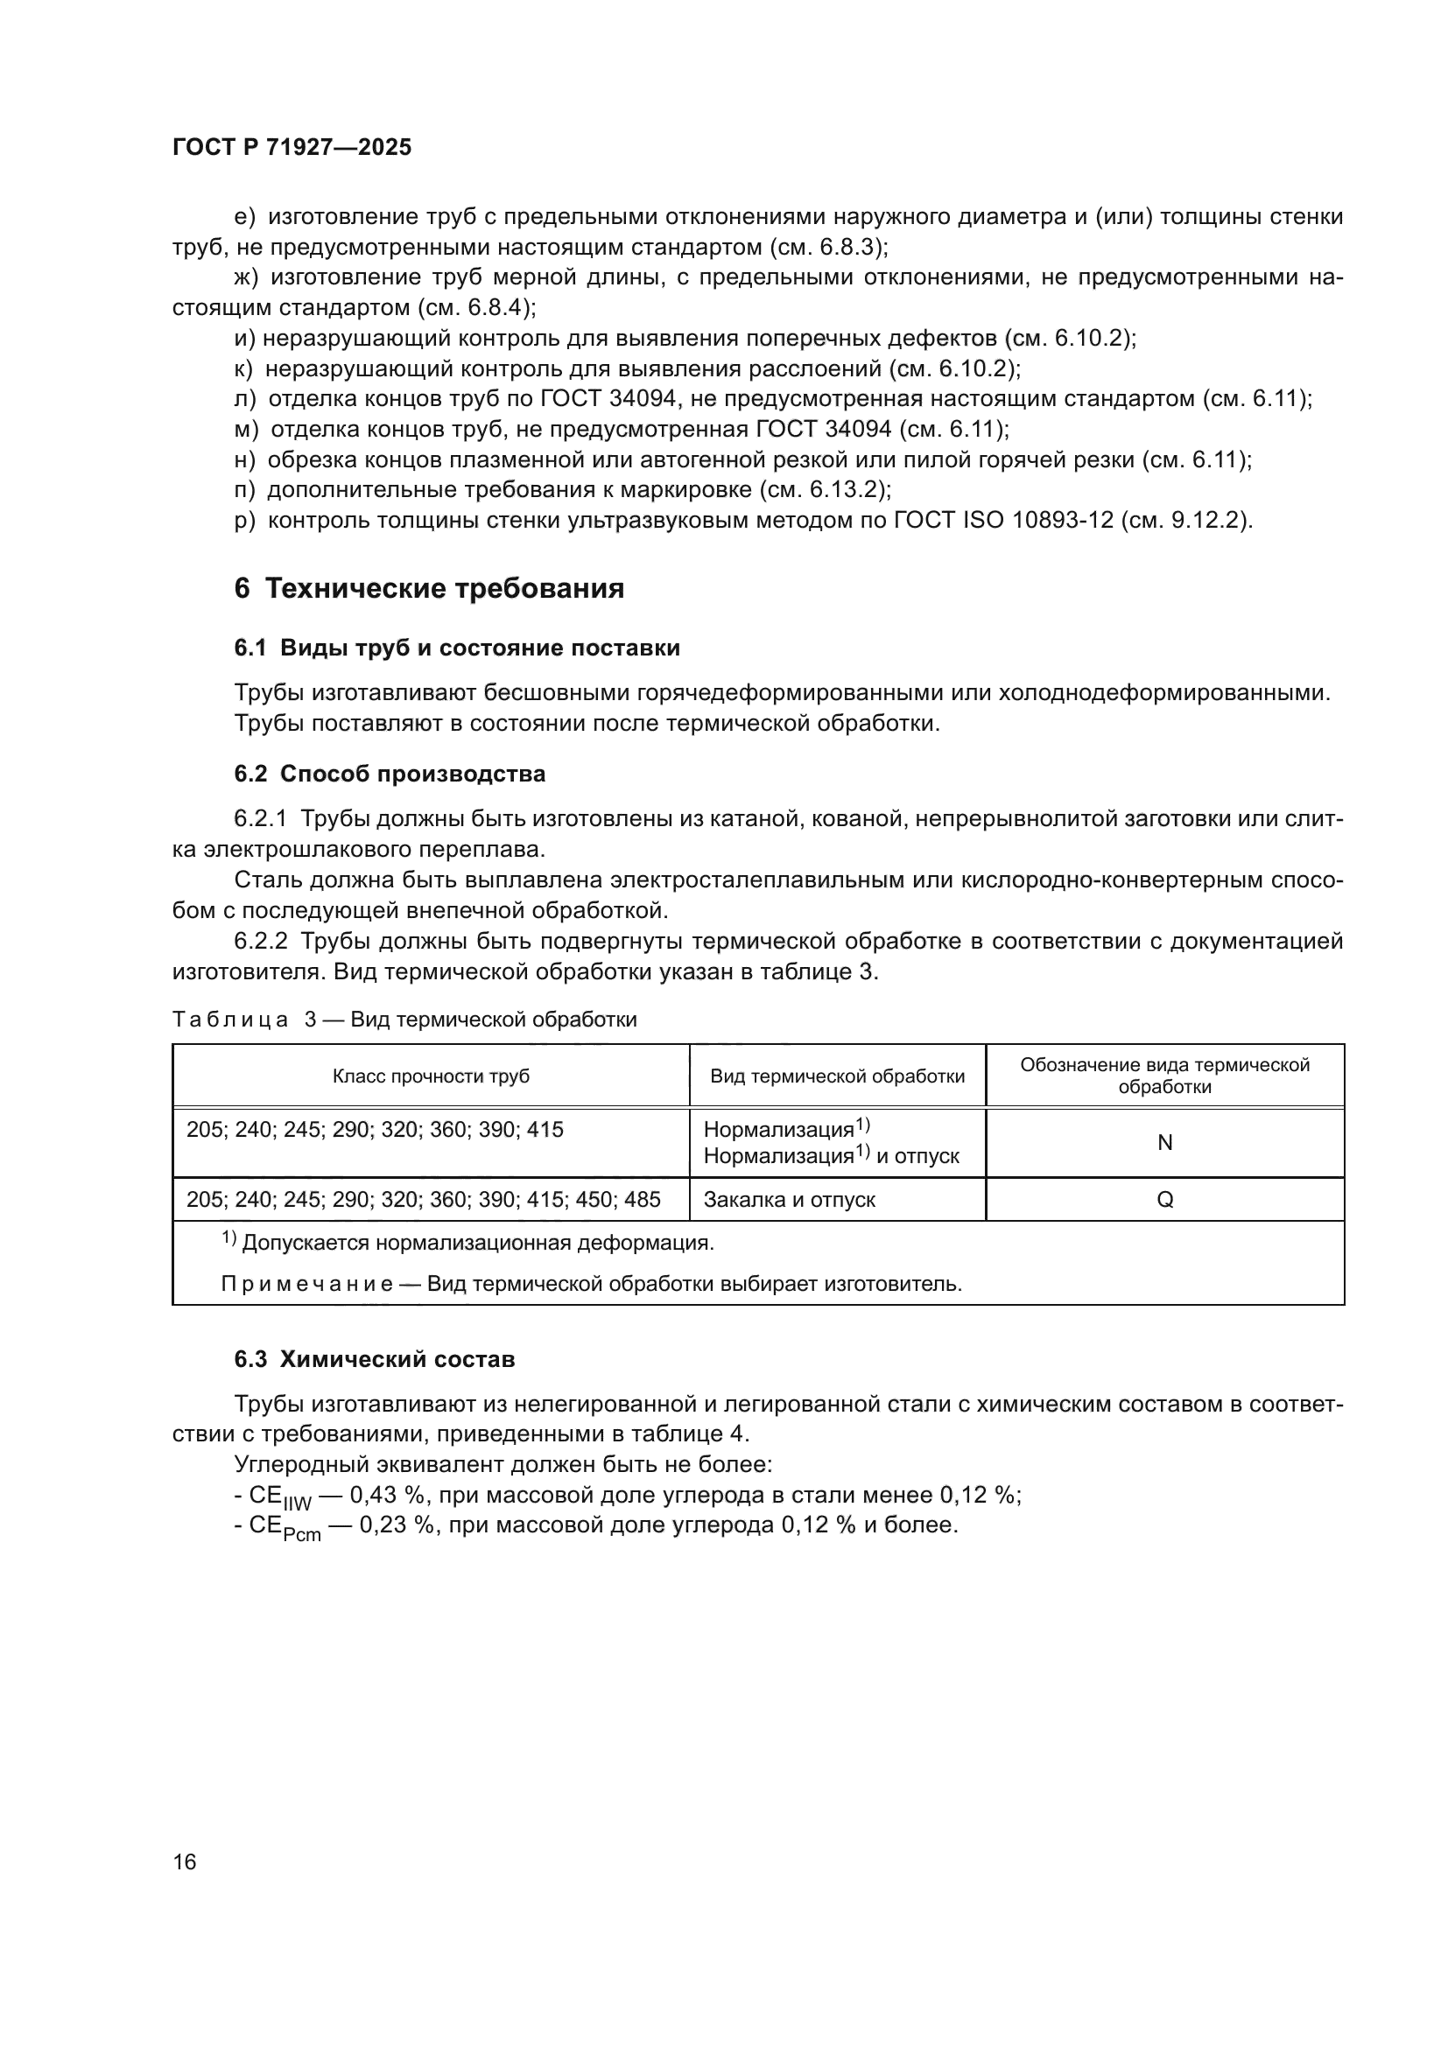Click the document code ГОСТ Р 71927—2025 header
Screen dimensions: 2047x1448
click(x=292, y=147)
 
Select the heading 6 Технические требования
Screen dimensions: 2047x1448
click(x=429, y=588)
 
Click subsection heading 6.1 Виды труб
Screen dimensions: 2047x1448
click(x=456, y=648)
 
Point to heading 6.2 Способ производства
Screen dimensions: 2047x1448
click(x=390, y=774)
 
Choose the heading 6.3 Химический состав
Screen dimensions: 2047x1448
click(x=375, y=1360)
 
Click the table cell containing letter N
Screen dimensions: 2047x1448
click(x=1164, y=1143)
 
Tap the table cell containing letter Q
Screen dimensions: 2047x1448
click(x=1164, y=1200)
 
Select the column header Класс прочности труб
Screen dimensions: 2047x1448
click(x=431, y=1076)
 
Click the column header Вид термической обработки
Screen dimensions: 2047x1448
click(x=837, y=1076)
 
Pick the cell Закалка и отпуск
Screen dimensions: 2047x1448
click(x=789, y=1200)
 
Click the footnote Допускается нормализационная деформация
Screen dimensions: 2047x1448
click(x=477, y=1243)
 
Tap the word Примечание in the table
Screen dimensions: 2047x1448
click(x=306, y=1284)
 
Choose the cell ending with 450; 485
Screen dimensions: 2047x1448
click(x=424, y=1200)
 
